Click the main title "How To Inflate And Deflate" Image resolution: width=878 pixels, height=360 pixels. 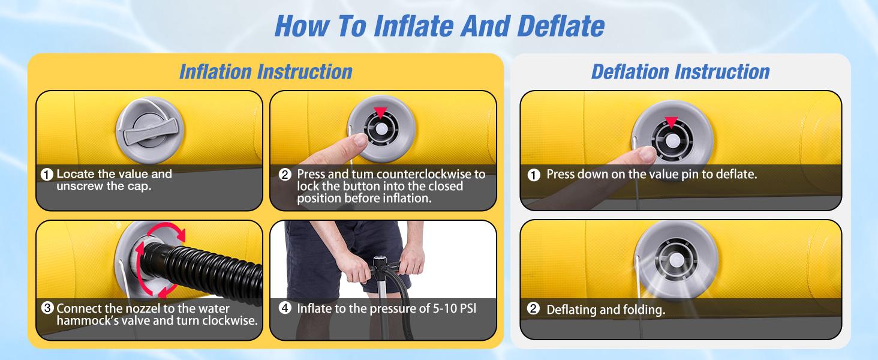(x=440, y=26)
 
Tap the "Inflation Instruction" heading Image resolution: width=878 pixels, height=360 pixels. (x=266, y=72)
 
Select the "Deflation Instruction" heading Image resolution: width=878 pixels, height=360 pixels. (x=681, y=72)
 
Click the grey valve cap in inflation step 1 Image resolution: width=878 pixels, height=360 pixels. (x=150, y=130)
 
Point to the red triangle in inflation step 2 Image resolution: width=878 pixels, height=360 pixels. (x=380, y=112)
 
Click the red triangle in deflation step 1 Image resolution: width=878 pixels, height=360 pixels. (x=672, y=122)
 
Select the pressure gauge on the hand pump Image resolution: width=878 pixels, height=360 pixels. (x=379, y=262)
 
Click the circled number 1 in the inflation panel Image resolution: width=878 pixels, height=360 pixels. (x=47, y=175)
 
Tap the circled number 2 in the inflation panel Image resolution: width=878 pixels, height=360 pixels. (x=285, y=175)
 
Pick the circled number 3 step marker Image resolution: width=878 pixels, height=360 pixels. (x=47, y=308)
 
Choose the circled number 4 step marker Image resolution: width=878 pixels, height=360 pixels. (x=285, y=308)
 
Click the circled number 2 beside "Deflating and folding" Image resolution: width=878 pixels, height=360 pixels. (x=534, y=308)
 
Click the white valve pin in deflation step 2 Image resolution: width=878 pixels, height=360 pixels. (x=676, y=260)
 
